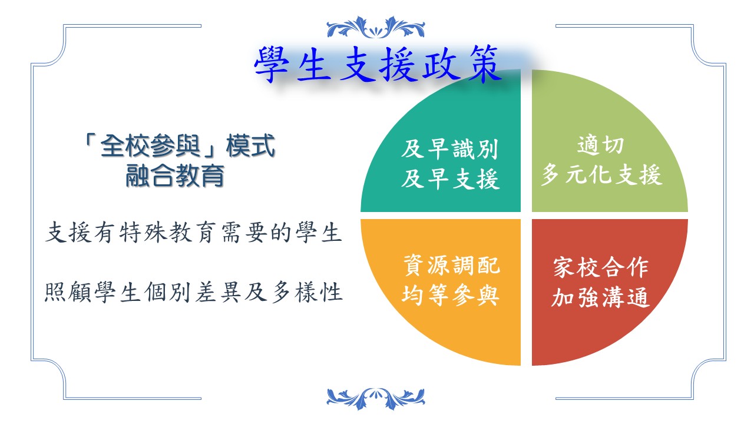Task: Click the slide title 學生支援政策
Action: click(x=377, y=65)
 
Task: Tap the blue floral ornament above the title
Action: click(x=376, y=27)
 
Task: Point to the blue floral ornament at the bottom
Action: click(x=376, y=399)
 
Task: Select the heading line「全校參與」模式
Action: click(x=180, y=145)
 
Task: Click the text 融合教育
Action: click(x=175, y=175)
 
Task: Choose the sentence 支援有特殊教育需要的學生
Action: click(x=193, y=233)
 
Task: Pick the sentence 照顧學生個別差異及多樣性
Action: click(x=194, y=291)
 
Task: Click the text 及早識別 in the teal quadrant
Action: click(x=449, y=149)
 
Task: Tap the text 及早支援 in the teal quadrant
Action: click(x=450, y=178)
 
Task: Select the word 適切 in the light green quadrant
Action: click(x=601, y=145)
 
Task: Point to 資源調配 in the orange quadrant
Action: click(x=451, y=266)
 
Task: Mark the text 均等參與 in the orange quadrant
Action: click(x=451, y=295)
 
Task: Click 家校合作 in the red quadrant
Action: click(x=601, y=267)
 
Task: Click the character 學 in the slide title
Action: click(x=272, y=65)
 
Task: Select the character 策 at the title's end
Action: click(x=484, y=65)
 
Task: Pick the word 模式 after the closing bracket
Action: click(x=251, y=145)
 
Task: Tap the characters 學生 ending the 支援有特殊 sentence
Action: click(x=318, y=233)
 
